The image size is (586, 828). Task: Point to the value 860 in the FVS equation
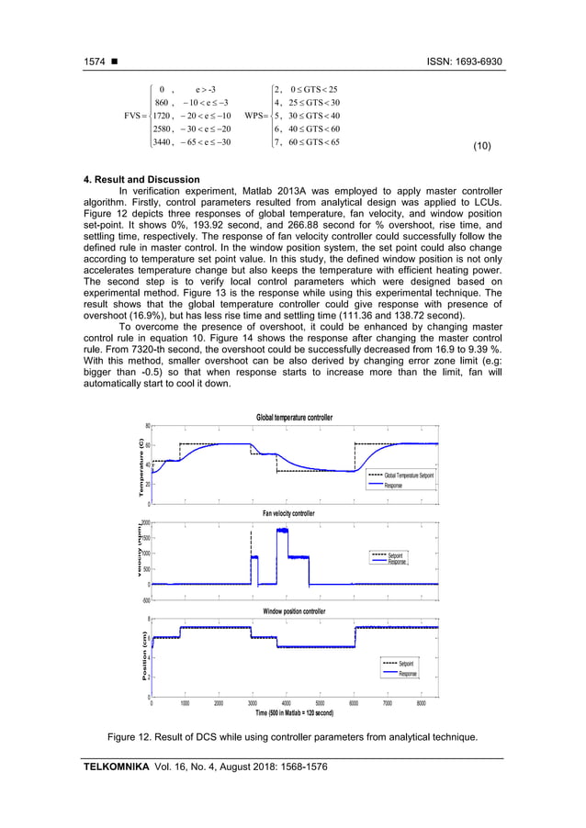pos(165,102)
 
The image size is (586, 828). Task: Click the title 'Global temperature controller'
pos(294,418)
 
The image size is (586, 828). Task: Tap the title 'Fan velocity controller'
pos(294,514)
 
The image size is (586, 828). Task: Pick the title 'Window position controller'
pos(294,610)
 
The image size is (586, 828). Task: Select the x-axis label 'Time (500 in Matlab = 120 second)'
pos(294,712)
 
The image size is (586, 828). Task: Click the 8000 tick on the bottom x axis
pos(421,704)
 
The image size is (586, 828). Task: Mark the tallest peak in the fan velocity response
pos(282,531)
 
